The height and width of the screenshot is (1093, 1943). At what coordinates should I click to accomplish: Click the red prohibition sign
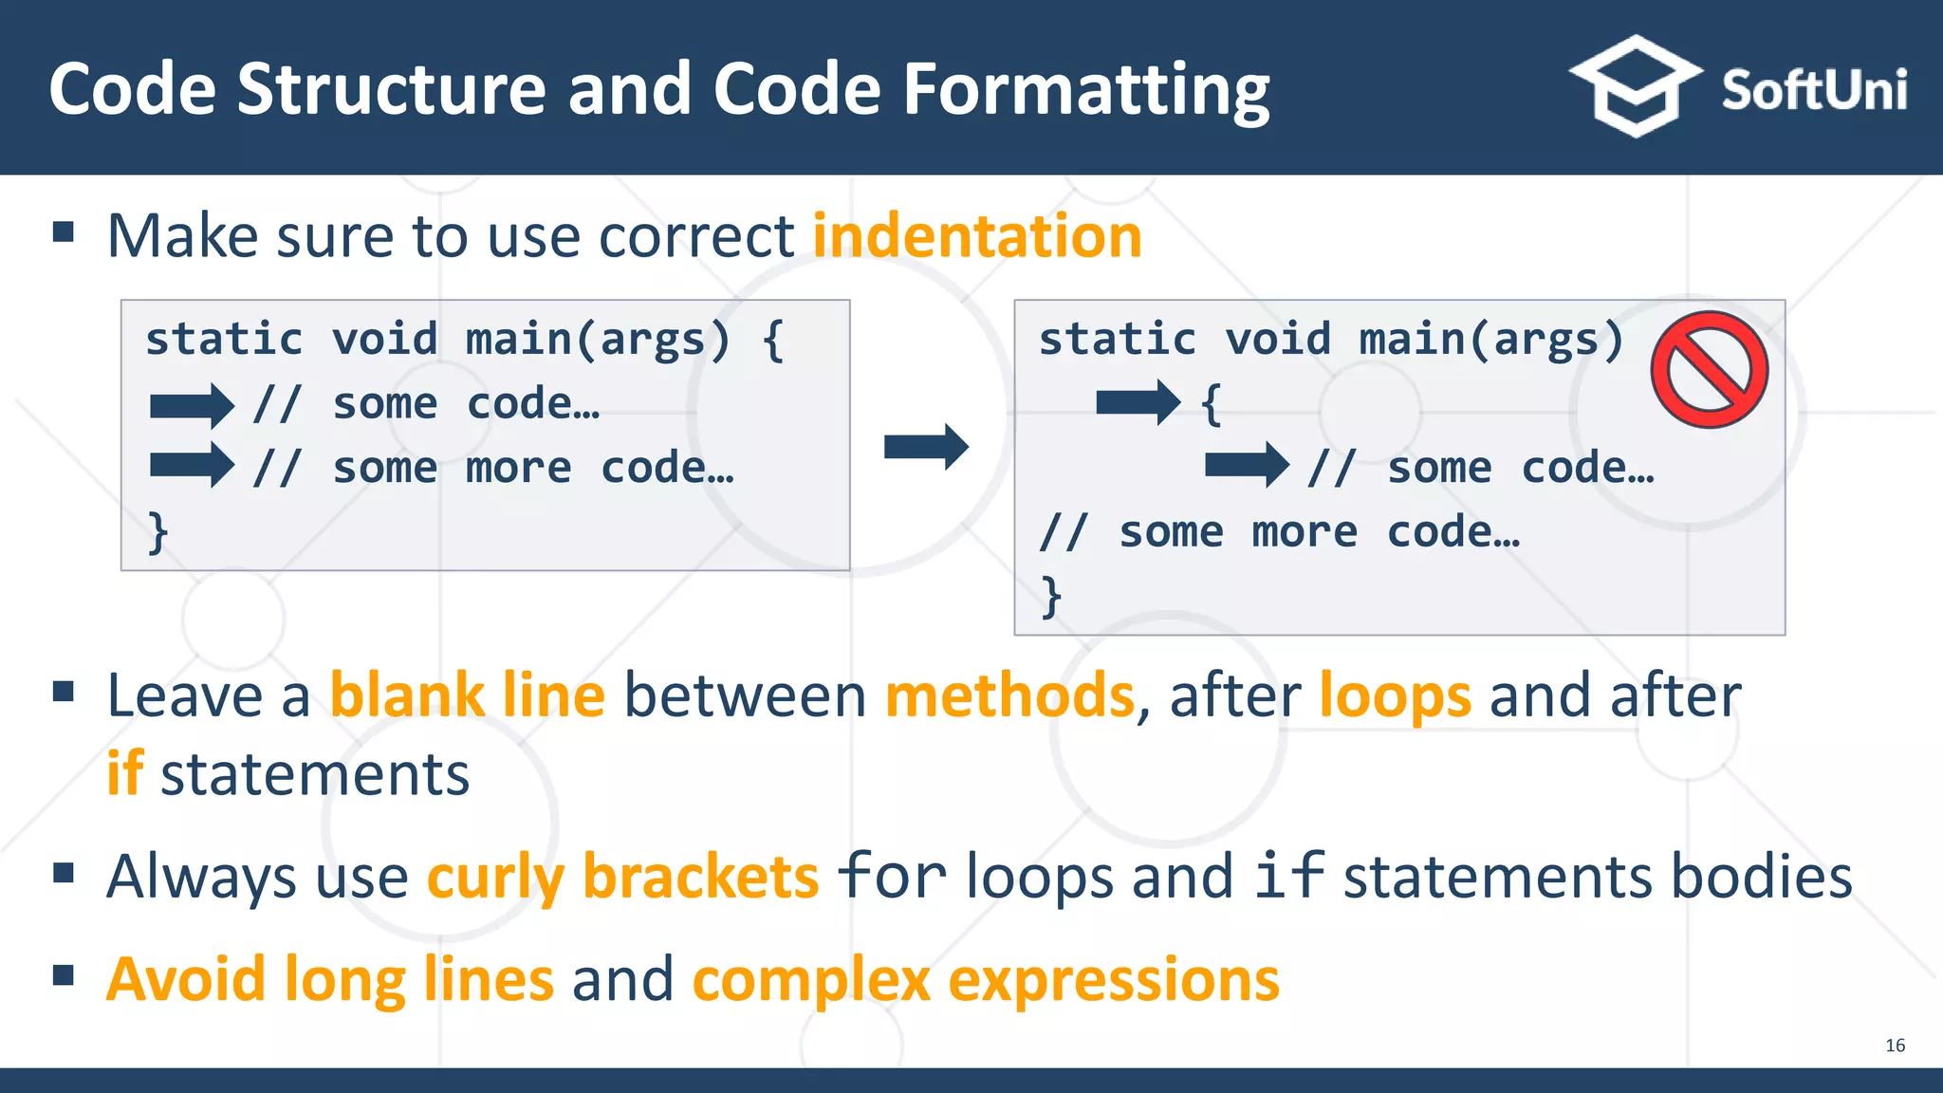(x=1709, y=370)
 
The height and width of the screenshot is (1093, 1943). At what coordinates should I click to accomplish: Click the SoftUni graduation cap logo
(x=1635, y=87)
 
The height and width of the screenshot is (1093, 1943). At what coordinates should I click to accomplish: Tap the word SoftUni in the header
(x=1813, y=91)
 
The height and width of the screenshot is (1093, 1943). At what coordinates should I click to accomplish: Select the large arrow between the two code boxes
(x=926, y=447)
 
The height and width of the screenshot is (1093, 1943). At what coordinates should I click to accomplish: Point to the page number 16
(x=1895, y=1045)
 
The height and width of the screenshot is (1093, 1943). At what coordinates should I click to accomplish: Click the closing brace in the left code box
(x=158, y=532)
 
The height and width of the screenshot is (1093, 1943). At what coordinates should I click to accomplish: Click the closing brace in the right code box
(x=1051, y=597)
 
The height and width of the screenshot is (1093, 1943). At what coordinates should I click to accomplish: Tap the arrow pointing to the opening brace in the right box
(x=1138, y=402)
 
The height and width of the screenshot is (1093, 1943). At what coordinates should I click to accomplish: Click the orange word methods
(x=1009, y=695)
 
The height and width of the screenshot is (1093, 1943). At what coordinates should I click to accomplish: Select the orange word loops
(x=1395, y=695)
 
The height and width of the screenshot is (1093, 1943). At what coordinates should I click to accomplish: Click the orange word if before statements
(x=124, y=773)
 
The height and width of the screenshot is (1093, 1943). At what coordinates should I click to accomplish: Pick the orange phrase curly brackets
(x=622, y=876)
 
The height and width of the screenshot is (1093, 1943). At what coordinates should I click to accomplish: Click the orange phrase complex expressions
(x=986, y=979)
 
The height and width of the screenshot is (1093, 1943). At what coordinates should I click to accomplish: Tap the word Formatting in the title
(x=1085, y=89)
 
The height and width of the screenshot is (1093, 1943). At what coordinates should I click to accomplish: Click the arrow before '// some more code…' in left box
(x=192, y=466)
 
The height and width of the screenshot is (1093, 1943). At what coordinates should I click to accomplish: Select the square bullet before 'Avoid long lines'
(x=64, y=974)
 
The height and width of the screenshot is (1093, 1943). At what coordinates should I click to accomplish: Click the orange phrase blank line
(x=467, y=695)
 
